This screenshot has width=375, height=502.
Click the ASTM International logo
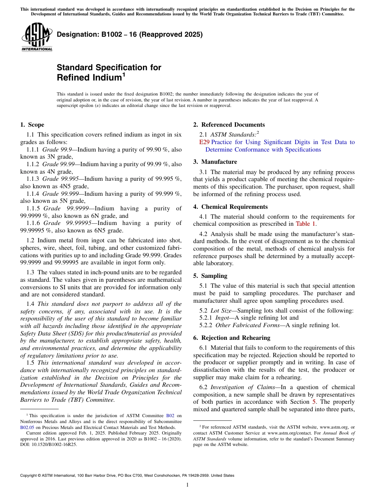tap(37, 38)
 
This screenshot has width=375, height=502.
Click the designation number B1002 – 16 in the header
tap(130, 34)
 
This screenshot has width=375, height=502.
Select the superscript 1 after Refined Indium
tap(124, 74)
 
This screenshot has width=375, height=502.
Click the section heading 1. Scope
tap(32, 125)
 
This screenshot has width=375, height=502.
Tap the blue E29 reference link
tap(204, 142)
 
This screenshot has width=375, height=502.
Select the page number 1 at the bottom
tap(187, 485)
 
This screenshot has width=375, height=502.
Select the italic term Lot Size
tap(221, 311)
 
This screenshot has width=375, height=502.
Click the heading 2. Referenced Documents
tap(229, 125)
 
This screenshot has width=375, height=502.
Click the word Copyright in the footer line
tap(30, 476)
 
